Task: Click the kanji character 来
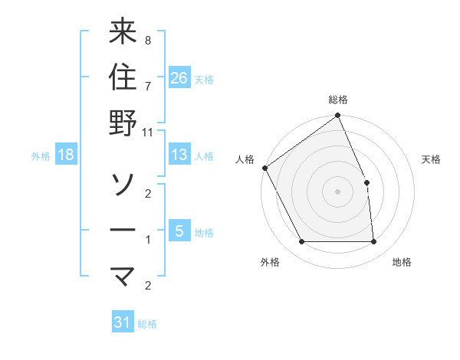pos(123,34)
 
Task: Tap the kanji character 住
pos(123,78)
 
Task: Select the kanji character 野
pos(123,123)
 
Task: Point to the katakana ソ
pos(123,184)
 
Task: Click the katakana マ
pos(123,274)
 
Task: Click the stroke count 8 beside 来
pos(147,40)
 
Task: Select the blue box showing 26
pos(179,77)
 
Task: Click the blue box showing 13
pos(179,155)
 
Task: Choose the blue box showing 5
pos(179,231)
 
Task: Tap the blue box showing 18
pos(66,155)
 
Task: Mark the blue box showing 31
pos(123,322)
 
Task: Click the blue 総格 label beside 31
pos(147,324)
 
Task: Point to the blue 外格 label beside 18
pos(41,156)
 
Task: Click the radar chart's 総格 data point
pos(337,116)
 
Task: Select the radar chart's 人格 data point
pos(265,168)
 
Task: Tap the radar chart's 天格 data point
pos(366,182)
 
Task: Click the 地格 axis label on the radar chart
pos(402,263)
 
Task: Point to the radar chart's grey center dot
pos(337,191)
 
